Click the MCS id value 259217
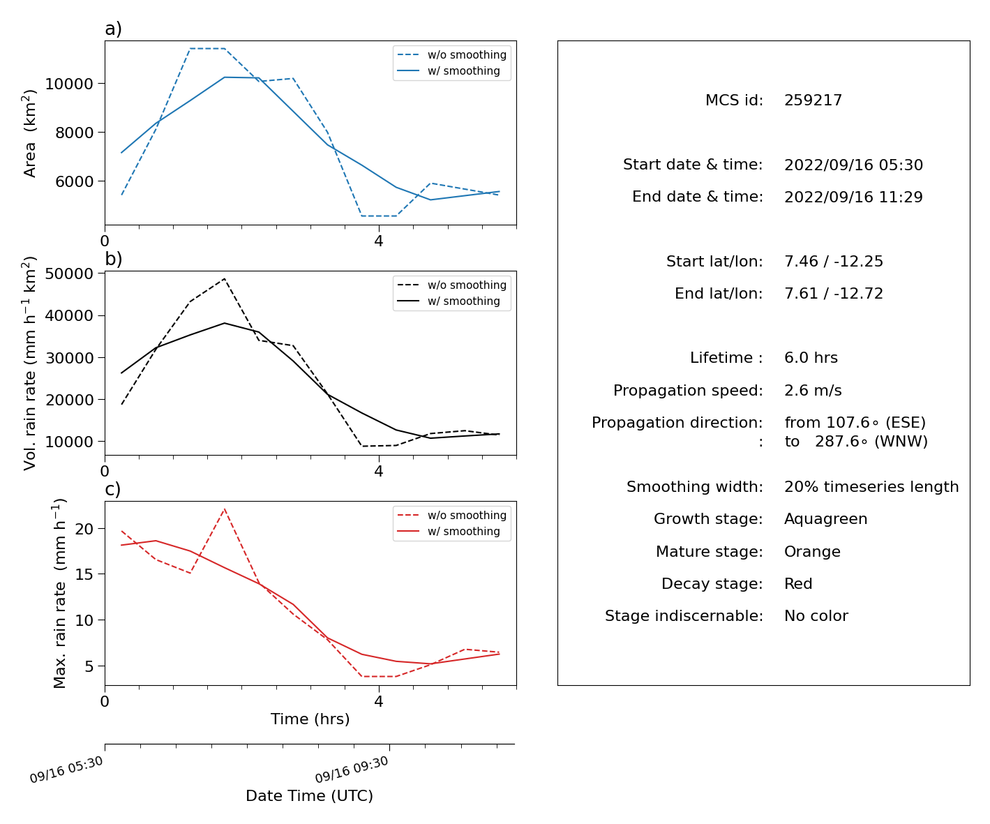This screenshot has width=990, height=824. click(813, 100)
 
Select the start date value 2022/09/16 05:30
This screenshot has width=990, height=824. click(853, 165)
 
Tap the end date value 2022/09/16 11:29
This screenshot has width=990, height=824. click(853, 197)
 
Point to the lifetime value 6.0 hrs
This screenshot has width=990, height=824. click(811, 357)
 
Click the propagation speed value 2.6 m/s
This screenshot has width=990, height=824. click(813, 390)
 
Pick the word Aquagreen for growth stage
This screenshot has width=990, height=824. click(825, 519)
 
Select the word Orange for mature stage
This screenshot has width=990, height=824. click(812, 552)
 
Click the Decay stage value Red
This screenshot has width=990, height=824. click(798, 583)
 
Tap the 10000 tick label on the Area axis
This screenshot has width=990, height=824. click(69, 84)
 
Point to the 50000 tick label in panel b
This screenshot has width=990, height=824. click(69, 274)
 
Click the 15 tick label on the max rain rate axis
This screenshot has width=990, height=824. click(84, 574)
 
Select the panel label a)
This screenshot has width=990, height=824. click(113, 29)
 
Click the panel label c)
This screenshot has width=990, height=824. click(113, 489)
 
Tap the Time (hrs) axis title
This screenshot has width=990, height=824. click(310, 719)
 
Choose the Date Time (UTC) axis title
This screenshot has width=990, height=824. click(309, 796)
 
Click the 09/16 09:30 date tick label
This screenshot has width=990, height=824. click(352, 770)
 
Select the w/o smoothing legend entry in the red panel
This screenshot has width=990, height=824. click(452, 516)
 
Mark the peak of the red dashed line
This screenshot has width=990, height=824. click(224, 509)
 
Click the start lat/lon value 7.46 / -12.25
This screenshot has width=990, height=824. click(834, 261)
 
